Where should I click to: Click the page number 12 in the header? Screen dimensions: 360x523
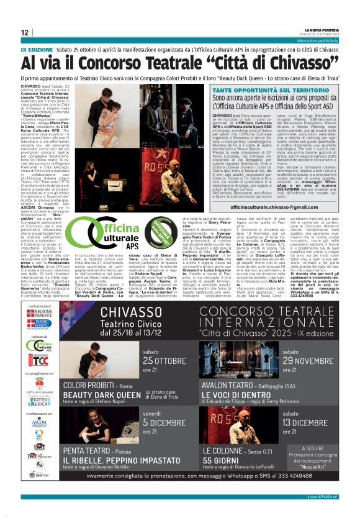pyautogui.click(x=25, y=32)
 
